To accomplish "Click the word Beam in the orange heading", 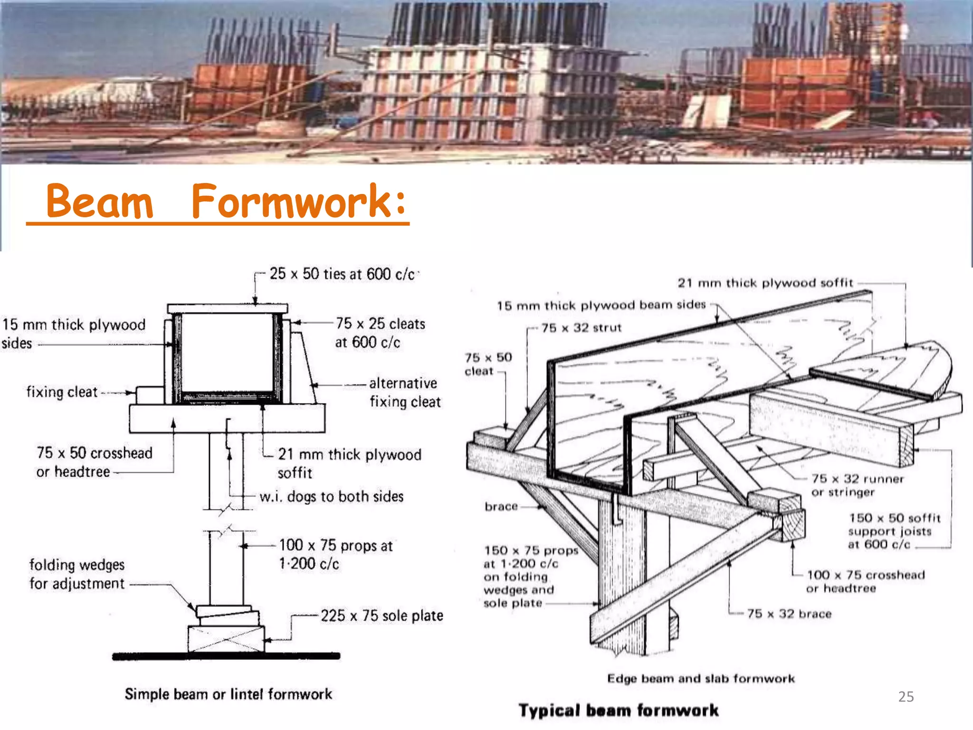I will [x=100, y=202].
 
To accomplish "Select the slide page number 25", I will [x=906, y=697].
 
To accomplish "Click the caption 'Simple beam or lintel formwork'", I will [x=229, y=694].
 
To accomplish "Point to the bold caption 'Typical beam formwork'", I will [x=618, y=711].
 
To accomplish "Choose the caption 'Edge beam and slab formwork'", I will [x=701, y=679].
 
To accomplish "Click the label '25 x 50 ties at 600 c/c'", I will [x=342, y=274].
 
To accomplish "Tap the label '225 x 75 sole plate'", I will [x=382, y=616].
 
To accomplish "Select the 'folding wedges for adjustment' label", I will [x=77, y=574].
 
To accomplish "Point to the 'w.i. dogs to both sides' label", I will [x=331, y=497].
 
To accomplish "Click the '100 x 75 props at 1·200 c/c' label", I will [x=335, y=555].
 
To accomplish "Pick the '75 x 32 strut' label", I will [x=581, y=328].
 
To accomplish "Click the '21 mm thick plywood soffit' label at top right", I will [x=765, y=283].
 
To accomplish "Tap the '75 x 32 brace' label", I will [x=789, y=614].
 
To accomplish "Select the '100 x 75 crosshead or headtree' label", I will [x=865, y=582].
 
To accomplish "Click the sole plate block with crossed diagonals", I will [x=226, y=639].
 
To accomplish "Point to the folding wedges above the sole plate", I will [x=227, y=615].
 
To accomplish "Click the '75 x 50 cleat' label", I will [x=488, y=364].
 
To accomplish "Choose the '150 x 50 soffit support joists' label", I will [x=894, y=531].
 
